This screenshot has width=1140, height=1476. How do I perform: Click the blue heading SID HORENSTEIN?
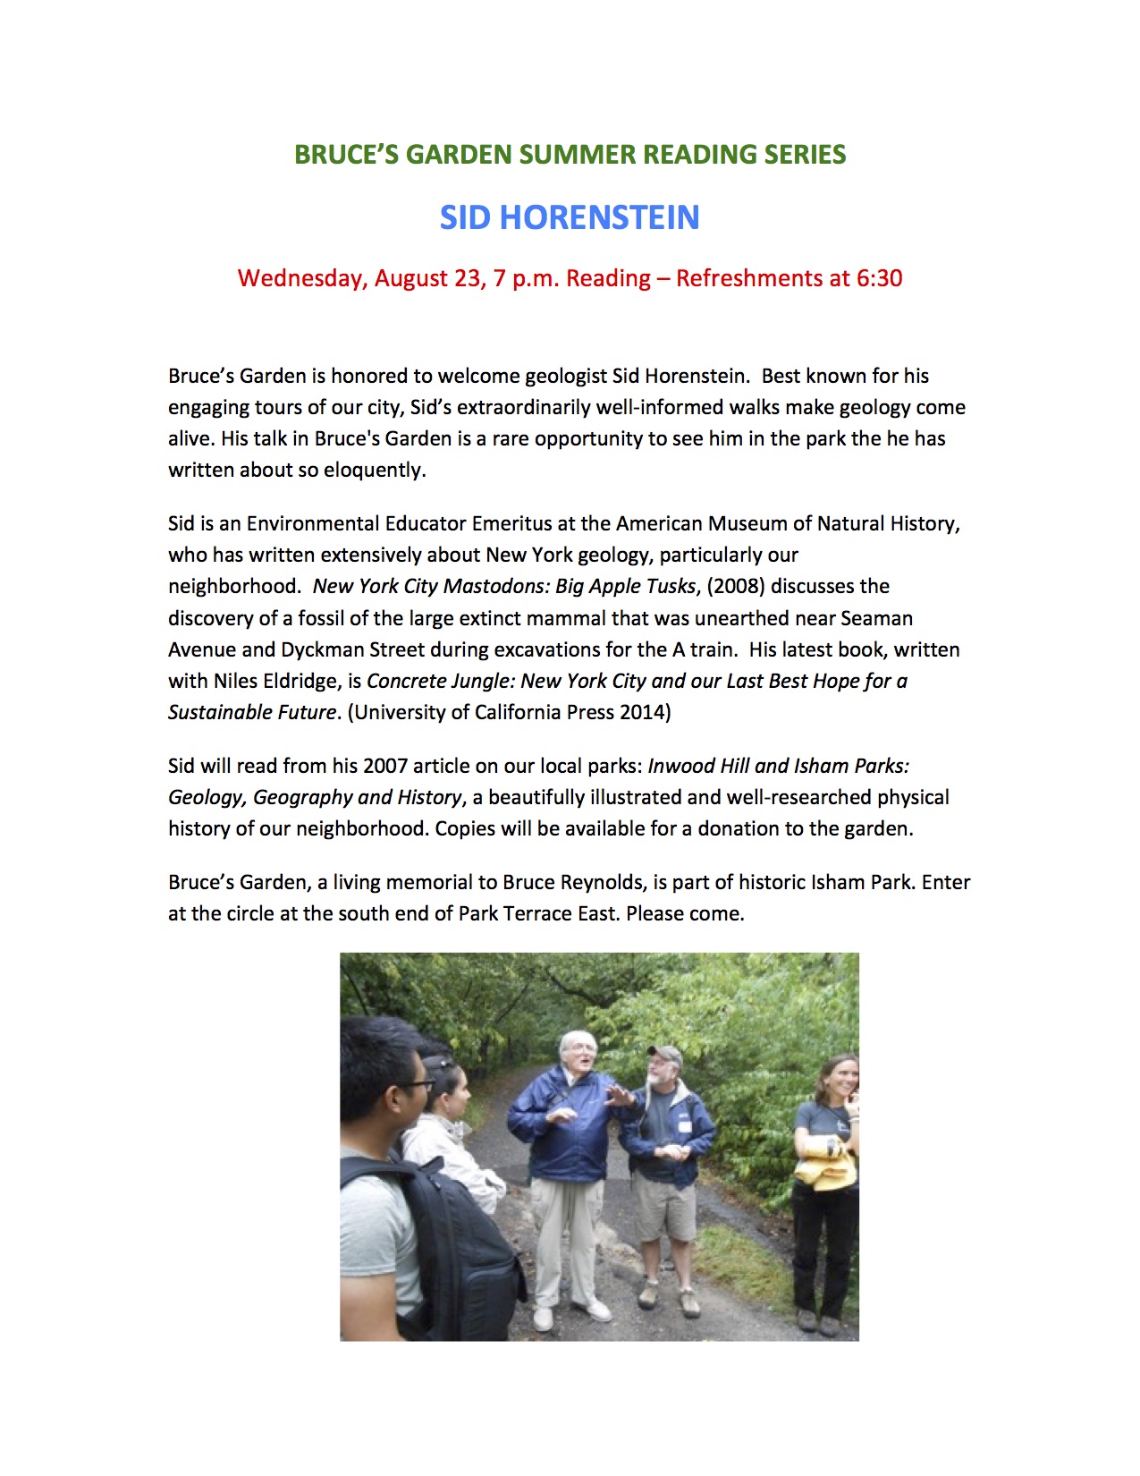[570, 217]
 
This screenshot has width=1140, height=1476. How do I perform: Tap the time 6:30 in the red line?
[879, 278]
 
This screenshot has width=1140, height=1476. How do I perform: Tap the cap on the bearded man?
[664, 1054]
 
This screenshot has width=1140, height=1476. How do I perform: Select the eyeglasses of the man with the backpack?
[414, 1085]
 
